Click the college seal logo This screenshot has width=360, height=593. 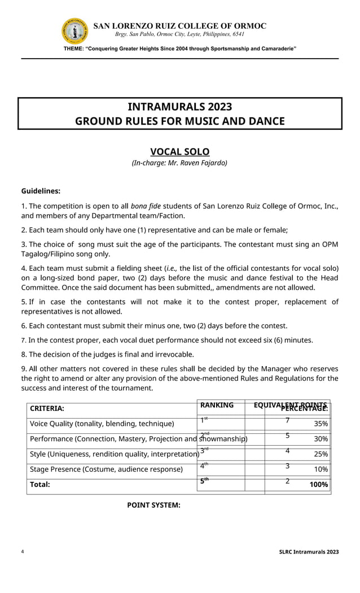tap(74, 31)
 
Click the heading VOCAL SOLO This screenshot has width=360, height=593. tap(179, 152)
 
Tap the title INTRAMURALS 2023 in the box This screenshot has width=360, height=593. tap(179, 107)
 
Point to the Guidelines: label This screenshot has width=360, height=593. tap(41, 191)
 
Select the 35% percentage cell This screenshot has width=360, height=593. tap(321, 424)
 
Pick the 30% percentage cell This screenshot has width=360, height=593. tap(321, 439)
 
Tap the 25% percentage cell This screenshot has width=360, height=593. tap(321, 454)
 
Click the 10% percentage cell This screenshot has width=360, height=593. tap(321, 469)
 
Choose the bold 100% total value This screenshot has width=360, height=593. tap(319, 484)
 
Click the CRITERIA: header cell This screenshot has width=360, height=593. tap(47, 408)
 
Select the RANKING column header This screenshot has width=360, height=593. tap(217, 405)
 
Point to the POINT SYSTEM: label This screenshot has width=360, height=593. tap(153, 505)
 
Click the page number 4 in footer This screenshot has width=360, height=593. tap(23, 552)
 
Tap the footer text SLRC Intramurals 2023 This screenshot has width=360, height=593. tap(309, 552)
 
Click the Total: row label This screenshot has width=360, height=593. tap(39, 484)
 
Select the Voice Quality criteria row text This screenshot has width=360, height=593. tap(102, 424)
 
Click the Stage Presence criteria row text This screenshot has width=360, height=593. tap(106, 469)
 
